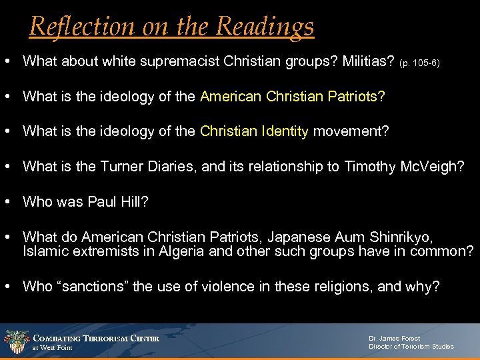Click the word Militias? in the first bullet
367,61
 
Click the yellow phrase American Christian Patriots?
292,96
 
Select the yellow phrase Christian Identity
255,131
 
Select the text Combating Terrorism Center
96,338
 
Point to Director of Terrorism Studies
411,347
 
